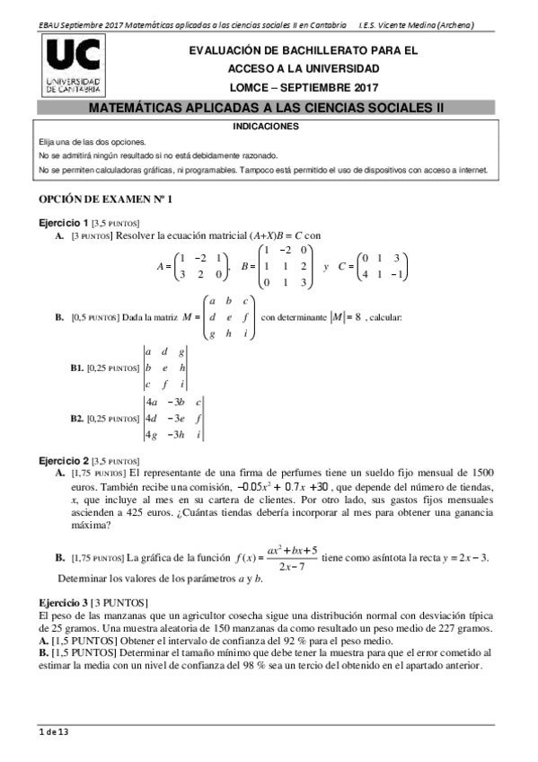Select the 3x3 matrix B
(284, 266)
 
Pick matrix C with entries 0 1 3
(382, 266)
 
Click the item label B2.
(77, 418)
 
